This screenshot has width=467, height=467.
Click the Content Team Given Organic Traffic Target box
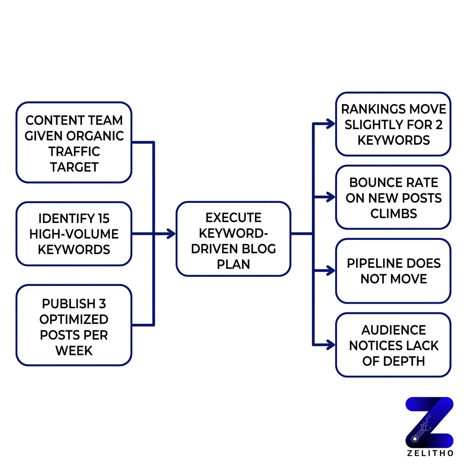pos(74,143)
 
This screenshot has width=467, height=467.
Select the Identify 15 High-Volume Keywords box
pos(74,234)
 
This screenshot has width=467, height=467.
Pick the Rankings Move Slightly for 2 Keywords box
pos(393,124)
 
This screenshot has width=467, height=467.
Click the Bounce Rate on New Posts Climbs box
pos(393,197)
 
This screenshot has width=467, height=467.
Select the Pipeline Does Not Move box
pos(393,271)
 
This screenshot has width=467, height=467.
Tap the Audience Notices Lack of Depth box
pos(393,345)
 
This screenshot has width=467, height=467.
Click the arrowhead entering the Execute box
pos(171,234)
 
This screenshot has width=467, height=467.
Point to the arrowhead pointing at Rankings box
pos(331,123)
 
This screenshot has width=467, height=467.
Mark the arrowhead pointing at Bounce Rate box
pos(331,197)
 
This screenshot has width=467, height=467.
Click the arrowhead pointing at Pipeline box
pos(331,271)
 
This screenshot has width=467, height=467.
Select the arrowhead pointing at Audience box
pos(331,345)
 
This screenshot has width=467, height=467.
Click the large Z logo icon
pos(430,422)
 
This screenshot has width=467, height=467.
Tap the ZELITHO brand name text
pos(430,454)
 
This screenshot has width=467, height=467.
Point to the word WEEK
pos(74,350)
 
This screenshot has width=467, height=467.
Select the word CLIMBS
pos(393,213)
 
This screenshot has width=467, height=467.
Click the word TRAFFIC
pos(74,151)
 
